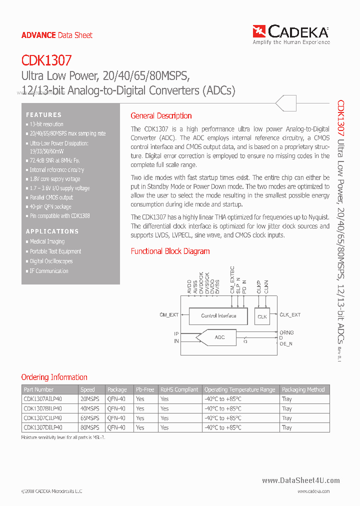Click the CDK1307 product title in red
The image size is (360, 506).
coord(46,61)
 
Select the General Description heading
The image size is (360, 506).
coord(161,115)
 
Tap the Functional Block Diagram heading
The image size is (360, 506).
coord(170,251)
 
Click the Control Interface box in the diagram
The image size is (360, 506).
coord(218,316)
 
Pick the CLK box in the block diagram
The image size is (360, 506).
coord(262,316)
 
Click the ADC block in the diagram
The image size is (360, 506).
coord(219,337)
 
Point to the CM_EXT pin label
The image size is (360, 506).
coord(169,315)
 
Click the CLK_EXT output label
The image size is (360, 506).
coord(290,315)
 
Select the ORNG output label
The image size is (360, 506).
coord(286,332)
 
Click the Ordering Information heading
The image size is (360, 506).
coord(54,377)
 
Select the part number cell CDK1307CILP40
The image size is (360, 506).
coord(43,418)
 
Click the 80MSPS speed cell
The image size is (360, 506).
coord(90,427)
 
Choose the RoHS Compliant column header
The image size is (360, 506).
coord(179,389)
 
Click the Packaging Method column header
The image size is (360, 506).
coord(303,389)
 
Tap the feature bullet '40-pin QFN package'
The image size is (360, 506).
coord(50,206)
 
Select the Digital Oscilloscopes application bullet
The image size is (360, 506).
coord(51,261)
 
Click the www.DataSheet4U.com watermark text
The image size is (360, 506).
coord(300,480)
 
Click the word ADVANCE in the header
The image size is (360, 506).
coord(38,35)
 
